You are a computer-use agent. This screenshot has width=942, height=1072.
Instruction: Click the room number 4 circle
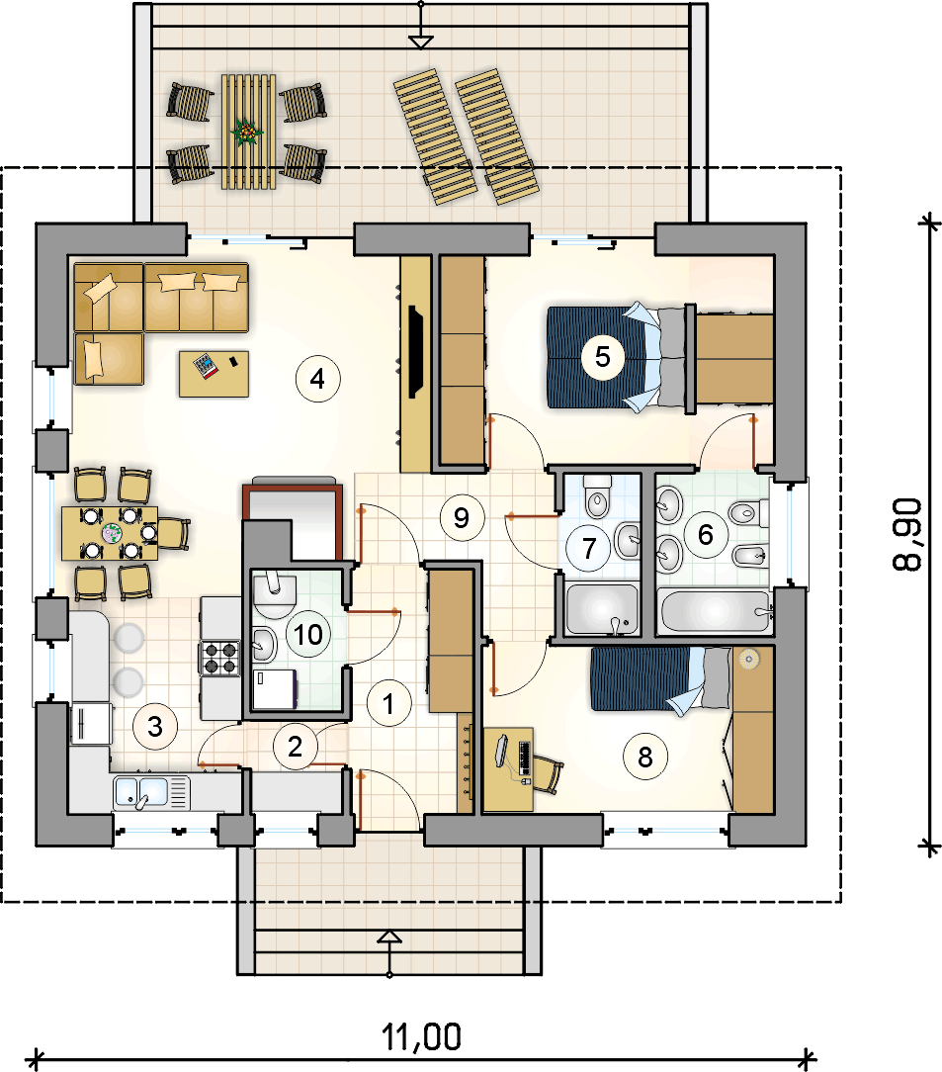[x=317, y=378]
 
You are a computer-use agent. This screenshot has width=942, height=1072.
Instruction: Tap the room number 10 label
[x=308, y=635]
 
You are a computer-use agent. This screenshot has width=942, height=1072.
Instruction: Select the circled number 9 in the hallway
[x=462, y=517]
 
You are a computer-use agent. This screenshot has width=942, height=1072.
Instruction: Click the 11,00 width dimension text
[x=421, y=1037]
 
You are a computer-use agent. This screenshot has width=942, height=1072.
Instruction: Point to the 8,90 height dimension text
[x=907, y=534]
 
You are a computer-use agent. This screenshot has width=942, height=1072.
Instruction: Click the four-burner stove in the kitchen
[x=220, y=658]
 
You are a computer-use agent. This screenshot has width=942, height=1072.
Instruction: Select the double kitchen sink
[x=151, y=793]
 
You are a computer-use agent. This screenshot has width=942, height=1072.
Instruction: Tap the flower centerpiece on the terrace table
[x=247, y=131]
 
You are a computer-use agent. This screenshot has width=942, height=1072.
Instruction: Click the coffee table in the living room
[x=214, y=374]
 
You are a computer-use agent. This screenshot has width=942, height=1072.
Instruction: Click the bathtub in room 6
[x=716, y=610]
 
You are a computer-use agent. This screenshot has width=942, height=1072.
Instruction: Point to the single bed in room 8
[x=660, y=679]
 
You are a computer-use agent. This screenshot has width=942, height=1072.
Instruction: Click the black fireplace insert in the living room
[x=414, y=351]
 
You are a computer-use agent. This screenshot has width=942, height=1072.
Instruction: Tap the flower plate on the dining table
[x=112, y=533]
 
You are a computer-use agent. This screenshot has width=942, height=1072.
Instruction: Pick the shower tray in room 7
[x=603, y=608]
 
